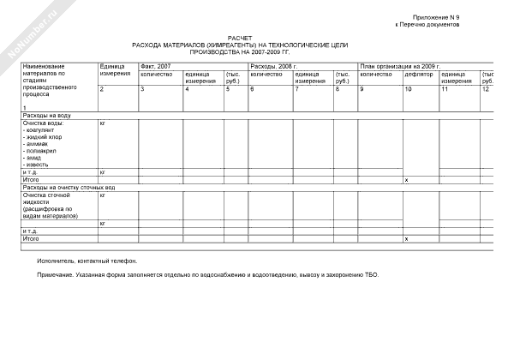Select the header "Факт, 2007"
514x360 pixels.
pos(156,66)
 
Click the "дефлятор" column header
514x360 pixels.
pos(419,74)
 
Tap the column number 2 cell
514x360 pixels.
pos(102,89)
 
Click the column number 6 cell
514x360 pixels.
pos(252,89)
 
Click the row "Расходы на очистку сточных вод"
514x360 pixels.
pos(69,187)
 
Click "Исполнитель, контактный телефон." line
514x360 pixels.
pos(87,261)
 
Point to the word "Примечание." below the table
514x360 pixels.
pos(56,275)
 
